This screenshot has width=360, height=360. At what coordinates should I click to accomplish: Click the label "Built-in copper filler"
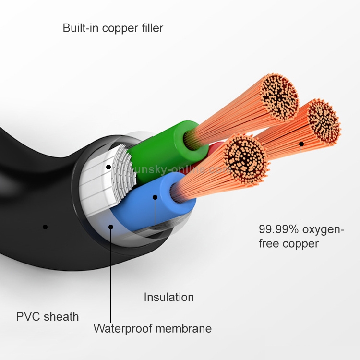pos(113,28)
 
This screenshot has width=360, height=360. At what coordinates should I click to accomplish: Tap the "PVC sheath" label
pos(48,316)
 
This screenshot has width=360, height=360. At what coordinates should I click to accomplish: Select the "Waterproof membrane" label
pos(152,328)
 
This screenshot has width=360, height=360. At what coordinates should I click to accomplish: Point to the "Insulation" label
pos(169,297)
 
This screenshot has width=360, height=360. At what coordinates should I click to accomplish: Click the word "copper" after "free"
pos(301,243)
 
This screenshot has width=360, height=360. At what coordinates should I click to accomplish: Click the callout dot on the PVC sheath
pos(45,227)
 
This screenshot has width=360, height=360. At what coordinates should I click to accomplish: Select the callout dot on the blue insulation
pos(155,197)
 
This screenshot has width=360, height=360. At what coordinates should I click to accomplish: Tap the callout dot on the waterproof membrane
pos(111,227)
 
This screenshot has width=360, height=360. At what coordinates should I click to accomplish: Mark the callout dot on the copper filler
pos(108,168)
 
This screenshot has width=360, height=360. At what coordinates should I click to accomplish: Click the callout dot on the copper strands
pos(301,143)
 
